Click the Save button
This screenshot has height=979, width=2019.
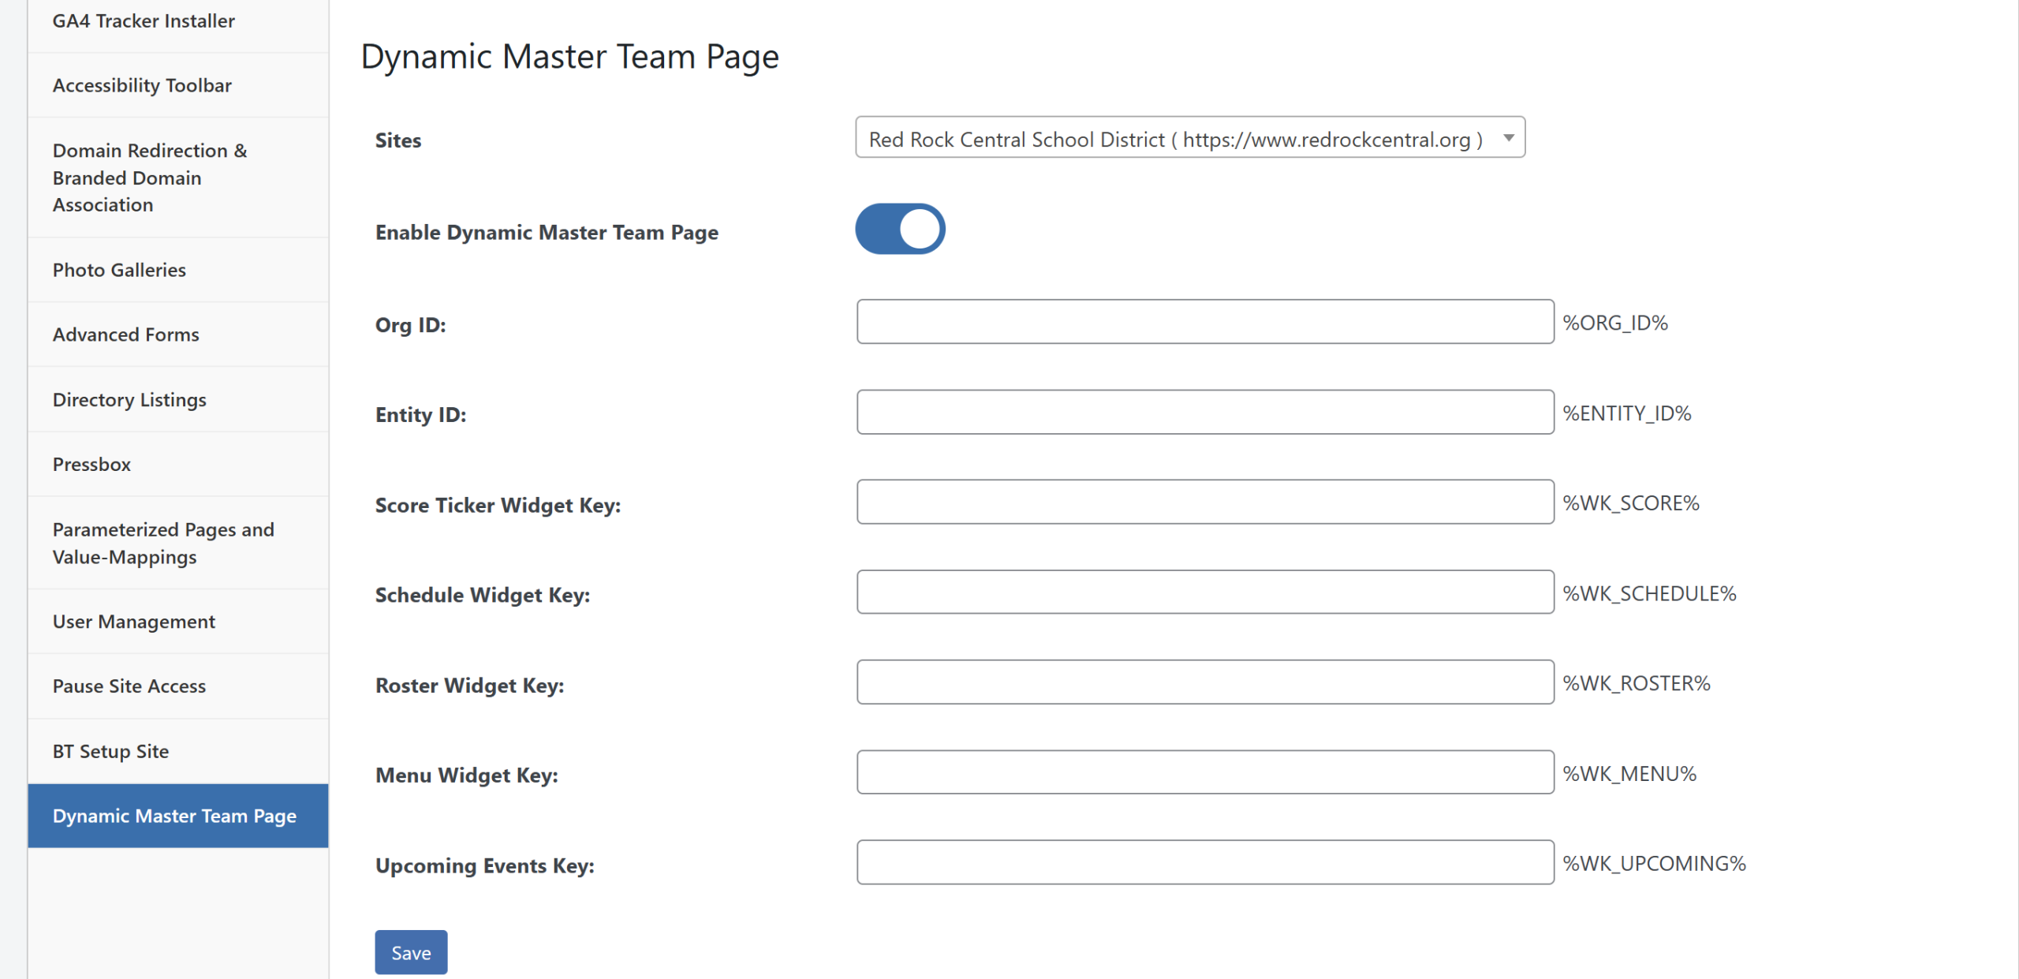click(x=411, y=952)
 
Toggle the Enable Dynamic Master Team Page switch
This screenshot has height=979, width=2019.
click(x=900, y=230)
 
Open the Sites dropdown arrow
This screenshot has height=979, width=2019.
click(x=1508, y=138)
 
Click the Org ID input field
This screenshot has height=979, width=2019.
click(x=1205, y=322)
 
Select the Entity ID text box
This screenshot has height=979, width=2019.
click(x=1205, y=412)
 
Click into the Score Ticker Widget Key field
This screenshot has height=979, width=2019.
click(x=1205, y=502)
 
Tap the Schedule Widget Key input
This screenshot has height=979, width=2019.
click(x=1205, y=592)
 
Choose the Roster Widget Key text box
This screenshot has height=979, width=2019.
click(x=1205, y=682)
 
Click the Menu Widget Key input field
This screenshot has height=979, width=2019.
click(x=1205, y=772)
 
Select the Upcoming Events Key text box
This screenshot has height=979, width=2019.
click(x=1205, y=862)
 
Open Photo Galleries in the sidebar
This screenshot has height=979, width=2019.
click(x=119, y=270)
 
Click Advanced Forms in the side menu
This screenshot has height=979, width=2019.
click(x=126, y=334)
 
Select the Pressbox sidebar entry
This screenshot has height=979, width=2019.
click(x=91, y=464)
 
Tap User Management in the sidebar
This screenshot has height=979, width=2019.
click(x=134, y=622)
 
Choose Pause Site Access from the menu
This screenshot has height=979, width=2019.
click(x=129, y=686)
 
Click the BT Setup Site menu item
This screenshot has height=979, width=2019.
click(x=110, y=751)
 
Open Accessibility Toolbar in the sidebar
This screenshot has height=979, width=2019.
click(x=142, y=85)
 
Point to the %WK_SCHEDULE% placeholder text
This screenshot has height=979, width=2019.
click(x=1650, y=593)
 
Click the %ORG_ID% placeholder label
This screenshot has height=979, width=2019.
click(x=1615, y=323)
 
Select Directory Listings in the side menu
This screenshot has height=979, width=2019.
click(x=129, y=400)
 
